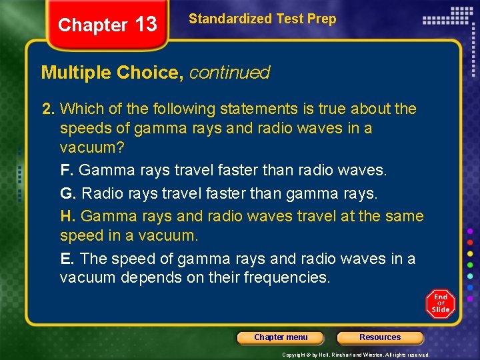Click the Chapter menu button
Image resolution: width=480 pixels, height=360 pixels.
281,337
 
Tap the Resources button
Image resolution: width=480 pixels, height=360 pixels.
380,337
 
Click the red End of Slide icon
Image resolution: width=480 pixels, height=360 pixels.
440,303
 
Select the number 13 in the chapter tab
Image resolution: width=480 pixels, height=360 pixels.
146,25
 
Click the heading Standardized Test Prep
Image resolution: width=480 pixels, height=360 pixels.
262,19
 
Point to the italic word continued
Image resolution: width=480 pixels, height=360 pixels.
229,73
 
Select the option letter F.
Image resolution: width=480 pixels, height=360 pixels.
65,170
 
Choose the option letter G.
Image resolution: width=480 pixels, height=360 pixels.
66,193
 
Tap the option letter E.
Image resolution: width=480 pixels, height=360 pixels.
65,259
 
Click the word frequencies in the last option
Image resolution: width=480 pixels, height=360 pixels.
287,277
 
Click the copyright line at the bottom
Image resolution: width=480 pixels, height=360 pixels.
356,355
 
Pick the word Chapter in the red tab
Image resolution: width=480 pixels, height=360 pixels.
92,25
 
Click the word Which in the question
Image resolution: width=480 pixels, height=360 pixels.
83,109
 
